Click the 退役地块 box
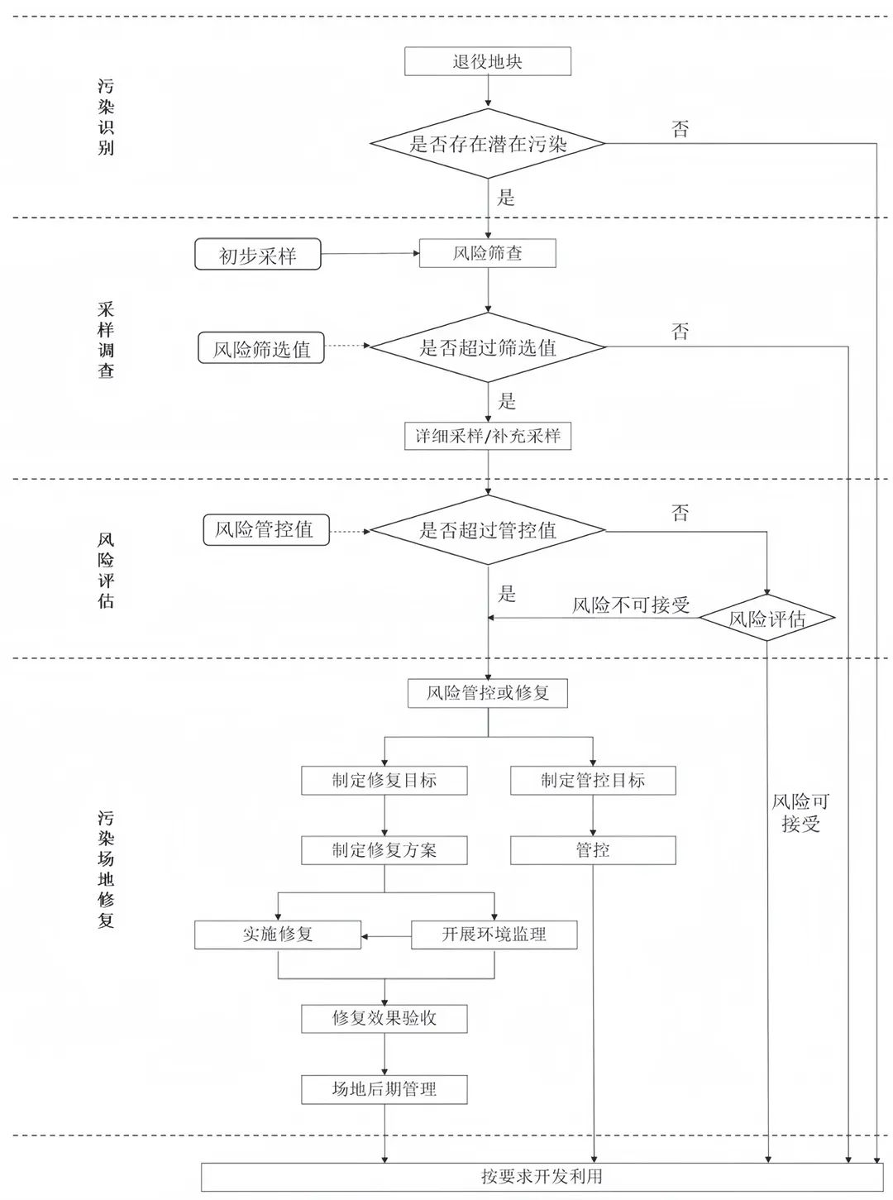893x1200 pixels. [x=487, y=61]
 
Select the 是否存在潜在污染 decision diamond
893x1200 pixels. [x=487, y=143]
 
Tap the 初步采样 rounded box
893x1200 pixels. [x=257, y=254]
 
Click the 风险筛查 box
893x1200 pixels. [x=487, y=253]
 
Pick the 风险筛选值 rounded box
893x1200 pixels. [x=261, y=348]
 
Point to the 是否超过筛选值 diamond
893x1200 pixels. [x=488, y=347]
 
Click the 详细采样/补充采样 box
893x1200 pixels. [x=487, y=436]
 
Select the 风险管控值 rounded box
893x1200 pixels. [x=266, y=529]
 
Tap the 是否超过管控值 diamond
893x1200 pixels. [x=488, y=530]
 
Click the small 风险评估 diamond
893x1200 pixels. [x=767, y=618]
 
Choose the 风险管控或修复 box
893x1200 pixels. [x=487, y=693]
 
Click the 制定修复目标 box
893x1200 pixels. [x=384, y=780]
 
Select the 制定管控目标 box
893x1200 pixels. [x=593, y=780]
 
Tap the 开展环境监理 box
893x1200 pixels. [x=494, y=935]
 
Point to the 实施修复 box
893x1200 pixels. [x=278, y=935]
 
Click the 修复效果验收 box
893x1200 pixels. [x=384, y=1019]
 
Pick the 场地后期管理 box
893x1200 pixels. [x=384, y=1090]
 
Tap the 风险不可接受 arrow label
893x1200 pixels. [x=631, y=605]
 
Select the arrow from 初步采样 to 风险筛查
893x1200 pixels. [x=370, y=253]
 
